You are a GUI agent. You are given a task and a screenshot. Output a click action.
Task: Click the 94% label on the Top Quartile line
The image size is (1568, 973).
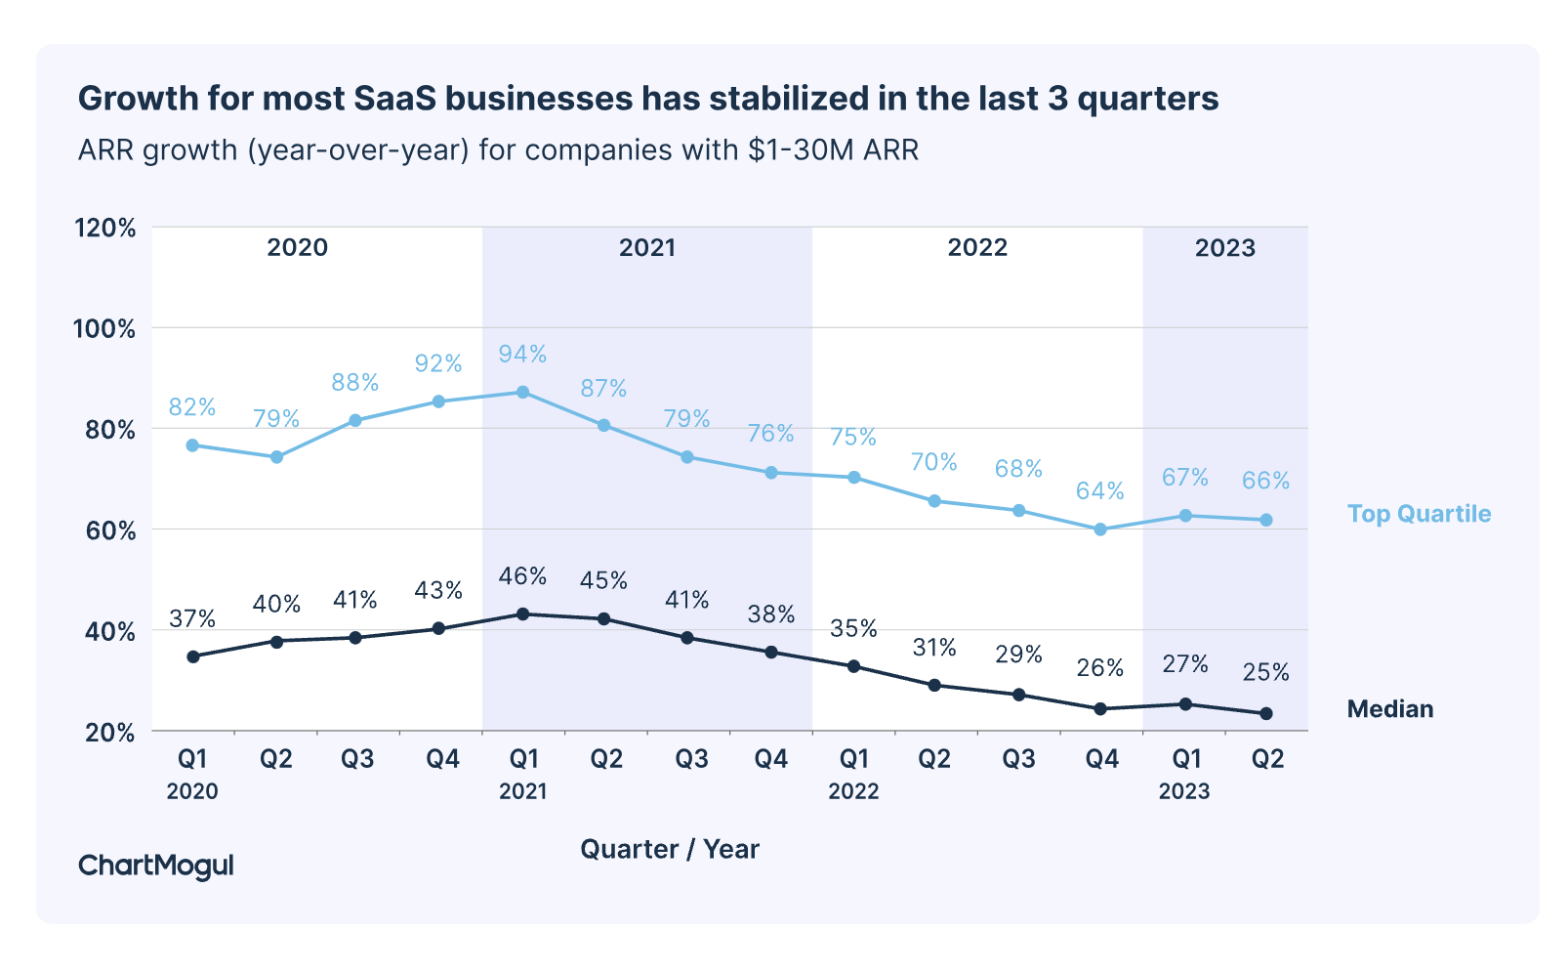tap(522, 354)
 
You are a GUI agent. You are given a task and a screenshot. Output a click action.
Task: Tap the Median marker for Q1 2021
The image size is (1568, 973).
tap(522, 614)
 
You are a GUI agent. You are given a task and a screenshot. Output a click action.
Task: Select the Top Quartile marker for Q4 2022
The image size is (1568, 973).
tap(1100, 529)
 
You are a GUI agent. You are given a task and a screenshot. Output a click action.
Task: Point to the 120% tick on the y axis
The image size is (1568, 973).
tap(104, 228)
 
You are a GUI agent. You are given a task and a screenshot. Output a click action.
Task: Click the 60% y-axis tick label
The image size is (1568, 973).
tap(104, 530)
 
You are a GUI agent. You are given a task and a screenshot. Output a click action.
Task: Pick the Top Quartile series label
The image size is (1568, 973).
tap(1419, 514)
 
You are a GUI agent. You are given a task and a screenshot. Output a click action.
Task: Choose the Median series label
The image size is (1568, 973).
tap(1389, 709)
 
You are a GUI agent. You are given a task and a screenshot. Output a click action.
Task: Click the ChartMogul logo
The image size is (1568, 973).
tap(156, 866)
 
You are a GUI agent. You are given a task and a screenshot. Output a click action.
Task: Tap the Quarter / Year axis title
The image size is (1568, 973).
tap(670, 849)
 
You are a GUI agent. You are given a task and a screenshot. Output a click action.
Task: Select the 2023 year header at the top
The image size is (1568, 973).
tap(1224, 248)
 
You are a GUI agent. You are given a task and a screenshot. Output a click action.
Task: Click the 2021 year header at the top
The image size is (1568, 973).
tap(646, 248)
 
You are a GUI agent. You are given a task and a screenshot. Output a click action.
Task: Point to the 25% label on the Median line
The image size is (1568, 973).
tap(1265, 672)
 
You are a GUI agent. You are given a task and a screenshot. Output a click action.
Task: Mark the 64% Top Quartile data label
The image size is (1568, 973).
tap(1100, 490)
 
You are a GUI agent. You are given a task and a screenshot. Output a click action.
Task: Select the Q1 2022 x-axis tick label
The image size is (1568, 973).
tap(854, 773)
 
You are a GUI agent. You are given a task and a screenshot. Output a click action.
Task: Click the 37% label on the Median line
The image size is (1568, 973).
tap(192, 618)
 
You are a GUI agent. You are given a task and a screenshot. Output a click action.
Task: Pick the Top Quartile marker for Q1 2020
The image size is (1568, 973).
tap(192, 445)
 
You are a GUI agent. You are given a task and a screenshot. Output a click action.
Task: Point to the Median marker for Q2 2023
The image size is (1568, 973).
tap(1266, 714)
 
